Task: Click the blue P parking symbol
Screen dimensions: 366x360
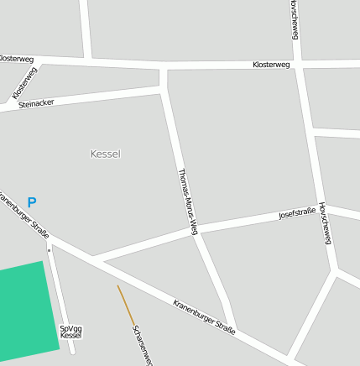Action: (x=32, y=202)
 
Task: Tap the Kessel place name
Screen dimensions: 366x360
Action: (x=105, y=154)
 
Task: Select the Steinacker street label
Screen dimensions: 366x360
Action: (x=36, y=102)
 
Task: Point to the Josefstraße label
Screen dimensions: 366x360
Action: (x=297, y=214)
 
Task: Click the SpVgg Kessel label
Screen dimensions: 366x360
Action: (x=71, y=332)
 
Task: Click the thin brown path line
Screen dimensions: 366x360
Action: (x=125, y=304)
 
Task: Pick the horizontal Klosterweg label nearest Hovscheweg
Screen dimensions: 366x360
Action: (x=271, y=65)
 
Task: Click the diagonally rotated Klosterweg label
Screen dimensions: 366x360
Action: (x=24, y=83)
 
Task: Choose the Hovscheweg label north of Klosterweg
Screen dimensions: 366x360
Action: (x=294, y=18)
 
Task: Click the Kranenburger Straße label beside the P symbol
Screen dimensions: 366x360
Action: (x=23, y=217)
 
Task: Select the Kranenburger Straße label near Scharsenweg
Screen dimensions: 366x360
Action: (x=204, y=317)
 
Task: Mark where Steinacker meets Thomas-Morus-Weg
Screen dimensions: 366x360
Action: (x=164, y=88)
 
